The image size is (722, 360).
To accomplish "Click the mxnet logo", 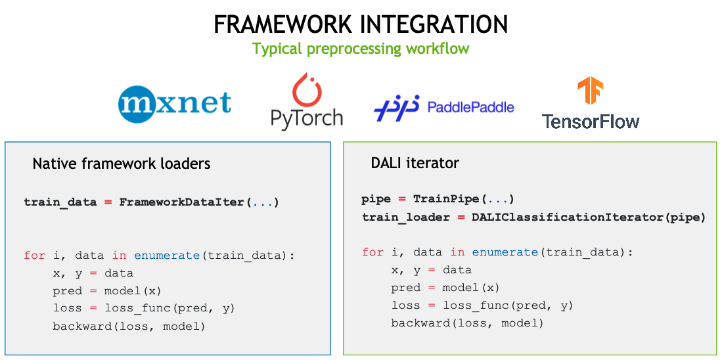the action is [175, 104].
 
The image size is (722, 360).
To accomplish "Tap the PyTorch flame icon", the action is [305, 88].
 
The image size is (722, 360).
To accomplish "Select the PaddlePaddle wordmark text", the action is [470, 107].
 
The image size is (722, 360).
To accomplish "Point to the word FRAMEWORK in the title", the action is [283, 24].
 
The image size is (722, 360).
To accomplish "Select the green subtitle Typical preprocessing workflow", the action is [361, 49].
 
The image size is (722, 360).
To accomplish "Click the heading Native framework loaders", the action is [122, 164].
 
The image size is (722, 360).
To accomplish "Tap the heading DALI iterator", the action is [415, 162].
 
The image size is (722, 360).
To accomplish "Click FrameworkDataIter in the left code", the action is [183, 202].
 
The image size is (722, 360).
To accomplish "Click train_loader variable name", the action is [405, 217].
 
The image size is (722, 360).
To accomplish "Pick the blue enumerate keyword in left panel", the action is [168, 256].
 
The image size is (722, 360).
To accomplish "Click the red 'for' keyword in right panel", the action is [372, 252].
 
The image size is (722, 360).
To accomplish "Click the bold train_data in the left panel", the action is [60, 202].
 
